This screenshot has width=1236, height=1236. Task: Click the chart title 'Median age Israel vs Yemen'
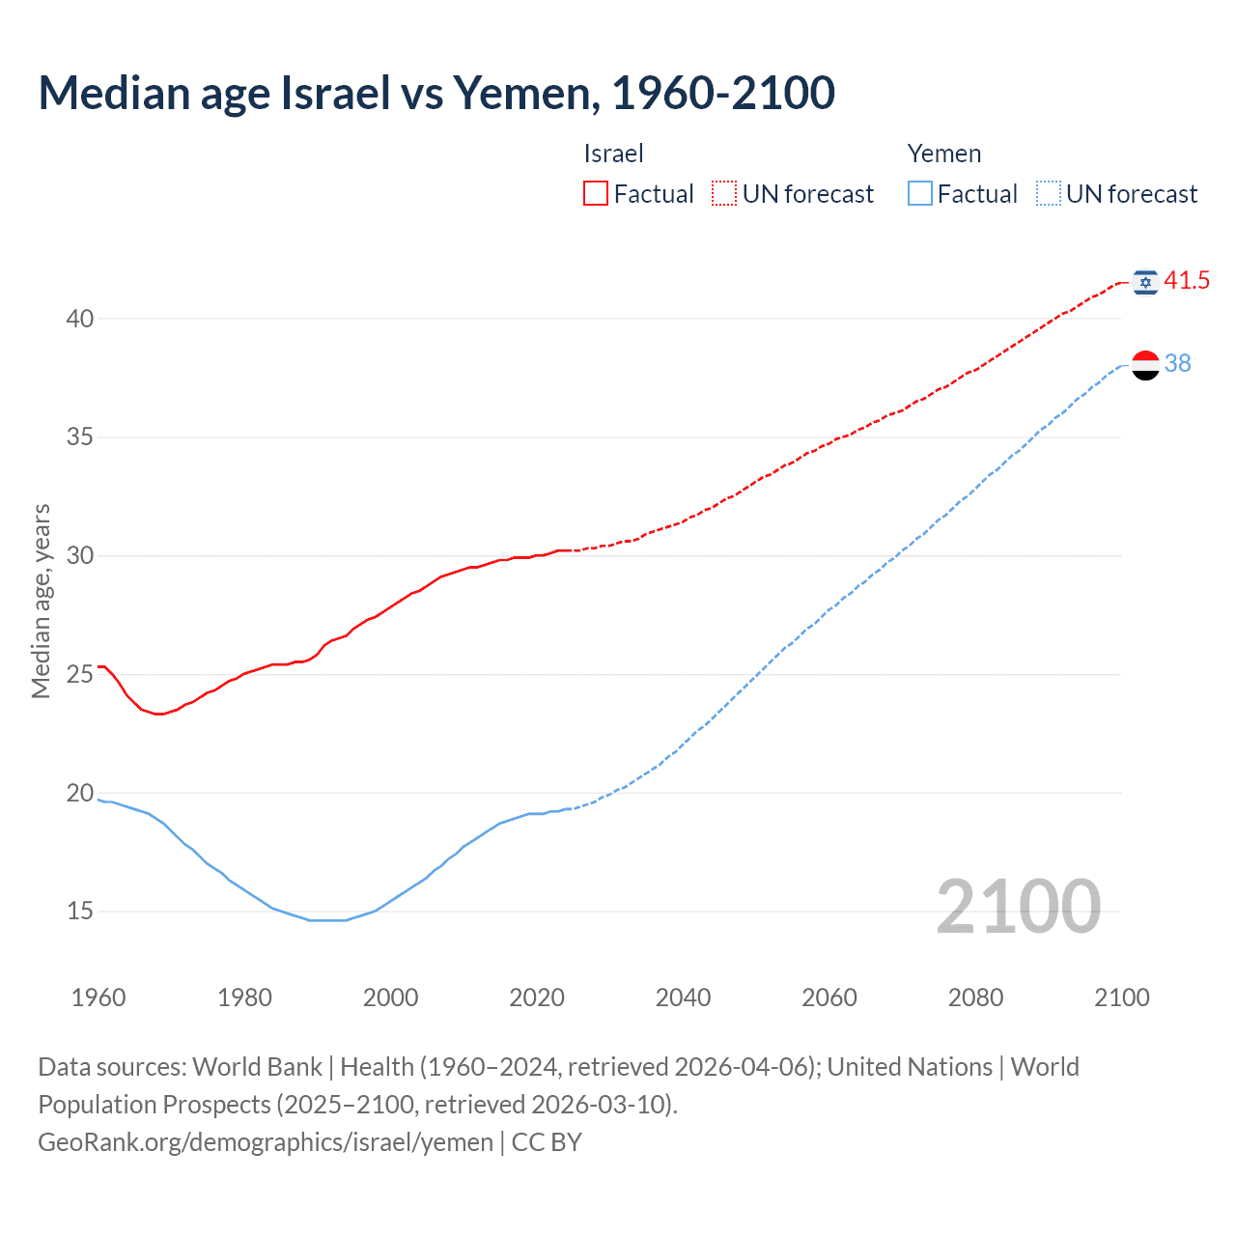tap(436, 93)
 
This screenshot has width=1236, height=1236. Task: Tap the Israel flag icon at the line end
tap(1145, 281)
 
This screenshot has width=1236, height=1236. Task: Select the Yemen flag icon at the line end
tap(1145, 364)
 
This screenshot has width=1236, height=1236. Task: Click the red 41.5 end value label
tap(1187, 281)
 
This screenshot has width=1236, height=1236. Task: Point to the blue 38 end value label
tap(1177, 363)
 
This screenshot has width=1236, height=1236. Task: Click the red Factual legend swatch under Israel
tap(596, 194)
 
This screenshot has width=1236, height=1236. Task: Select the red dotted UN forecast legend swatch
tap(724, 194)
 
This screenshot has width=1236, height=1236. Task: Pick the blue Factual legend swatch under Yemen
tap(920, 194)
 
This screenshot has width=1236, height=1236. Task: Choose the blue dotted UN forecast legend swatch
tap(1049, 194)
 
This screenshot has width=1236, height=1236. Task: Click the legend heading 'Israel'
tap(613, 154)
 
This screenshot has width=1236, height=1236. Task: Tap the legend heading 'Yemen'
tap(943, 154)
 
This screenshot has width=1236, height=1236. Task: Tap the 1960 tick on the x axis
tap(98, 997)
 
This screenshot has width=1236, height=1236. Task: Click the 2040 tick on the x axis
tap(683, 997)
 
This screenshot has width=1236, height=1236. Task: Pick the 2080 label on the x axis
tap(975, 997)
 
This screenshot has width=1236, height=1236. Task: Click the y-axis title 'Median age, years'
tap(41, 601)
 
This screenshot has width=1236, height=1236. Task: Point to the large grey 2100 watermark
tap(1018, 906)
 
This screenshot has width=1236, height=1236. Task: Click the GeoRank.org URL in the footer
tap(266, 1142)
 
